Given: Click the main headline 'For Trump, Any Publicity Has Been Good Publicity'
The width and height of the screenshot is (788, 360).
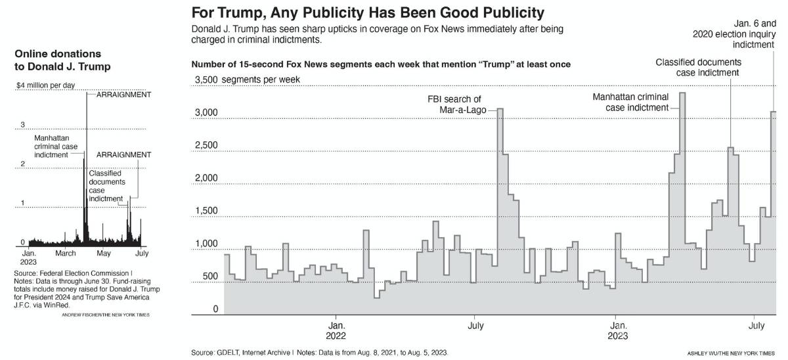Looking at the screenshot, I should [368, 12].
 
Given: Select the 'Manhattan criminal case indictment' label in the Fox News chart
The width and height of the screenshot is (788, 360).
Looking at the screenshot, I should [630, 102].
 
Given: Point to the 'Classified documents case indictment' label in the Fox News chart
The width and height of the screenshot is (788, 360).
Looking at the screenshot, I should [699, 67].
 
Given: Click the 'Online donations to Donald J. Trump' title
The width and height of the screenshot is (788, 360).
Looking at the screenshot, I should [62, 60].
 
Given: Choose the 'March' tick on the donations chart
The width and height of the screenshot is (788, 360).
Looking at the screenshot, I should [66, 253].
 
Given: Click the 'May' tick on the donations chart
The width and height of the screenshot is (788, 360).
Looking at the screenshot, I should [103, 253].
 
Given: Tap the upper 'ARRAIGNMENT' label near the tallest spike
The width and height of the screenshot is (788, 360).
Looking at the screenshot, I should [123, 95].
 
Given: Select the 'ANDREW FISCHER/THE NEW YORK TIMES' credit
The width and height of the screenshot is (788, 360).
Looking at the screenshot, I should [106, 315].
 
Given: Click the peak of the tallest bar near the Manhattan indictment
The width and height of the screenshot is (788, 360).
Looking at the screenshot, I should [682, 93].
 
